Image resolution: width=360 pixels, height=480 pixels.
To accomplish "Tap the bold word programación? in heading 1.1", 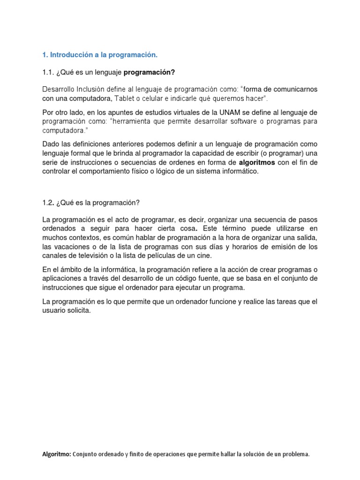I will click(151, 72).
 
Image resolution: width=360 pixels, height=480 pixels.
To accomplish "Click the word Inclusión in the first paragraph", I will click(92, 89).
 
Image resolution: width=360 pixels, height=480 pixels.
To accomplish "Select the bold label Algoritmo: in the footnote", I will click(56, 454).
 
